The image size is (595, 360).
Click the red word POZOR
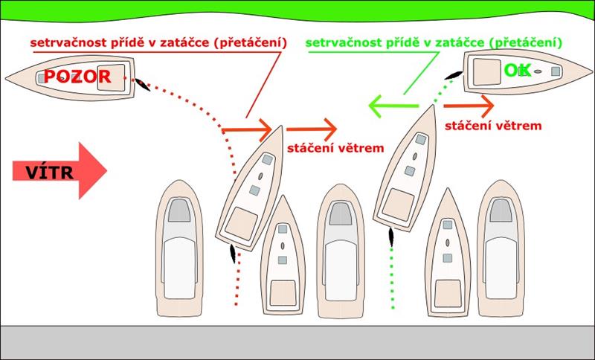(77, 76)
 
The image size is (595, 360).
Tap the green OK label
(517, 71)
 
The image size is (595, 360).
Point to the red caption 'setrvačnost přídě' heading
(158, 42)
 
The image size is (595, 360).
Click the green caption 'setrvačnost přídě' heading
(436, 42)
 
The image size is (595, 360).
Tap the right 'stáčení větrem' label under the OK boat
(492, 126)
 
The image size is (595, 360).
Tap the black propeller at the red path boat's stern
(235, 254)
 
